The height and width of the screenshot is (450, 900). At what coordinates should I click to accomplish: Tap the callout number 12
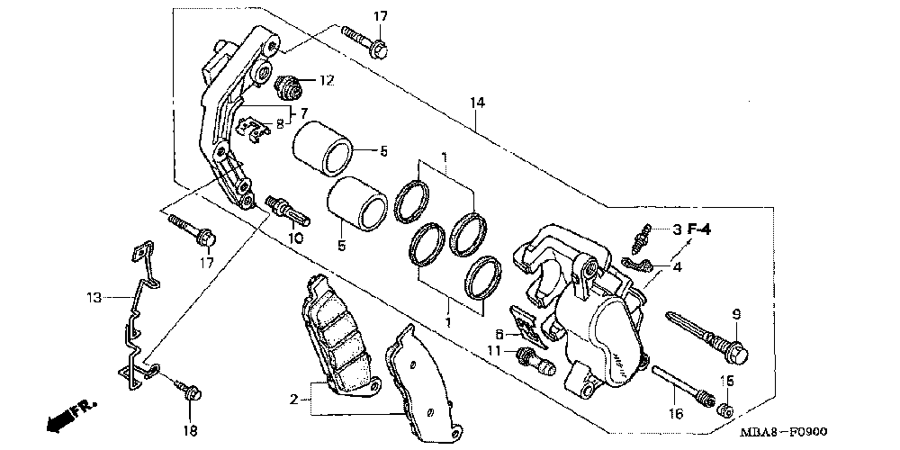point(326,81)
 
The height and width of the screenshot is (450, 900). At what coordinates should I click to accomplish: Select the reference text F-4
point(699,229)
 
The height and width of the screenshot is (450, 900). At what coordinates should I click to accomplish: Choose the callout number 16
point(676,413)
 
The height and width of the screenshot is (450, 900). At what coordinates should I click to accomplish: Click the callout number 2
point(293,399)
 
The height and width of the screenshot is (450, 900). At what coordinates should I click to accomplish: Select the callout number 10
point(296,238)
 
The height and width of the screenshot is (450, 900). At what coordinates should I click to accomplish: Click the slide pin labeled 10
point(288,209)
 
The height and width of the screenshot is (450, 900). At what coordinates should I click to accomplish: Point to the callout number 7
point(304,113)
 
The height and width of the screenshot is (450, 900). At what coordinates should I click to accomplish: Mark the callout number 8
point(279,124)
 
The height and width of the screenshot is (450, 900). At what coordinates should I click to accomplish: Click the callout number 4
point(677,266)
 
